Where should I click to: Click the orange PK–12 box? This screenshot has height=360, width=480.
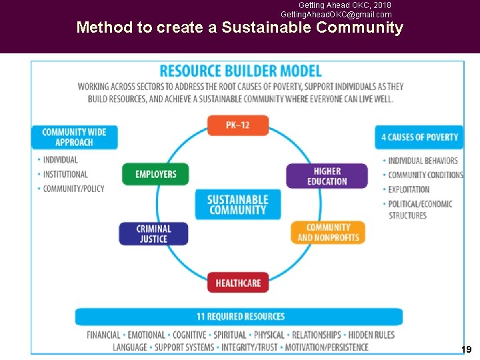click(x=238, y=125)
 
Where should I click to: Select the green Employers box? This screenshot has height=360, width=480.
click(x=155, y=174)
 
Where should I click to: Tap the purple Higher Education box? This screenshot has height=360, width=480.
click(x=327, y=176)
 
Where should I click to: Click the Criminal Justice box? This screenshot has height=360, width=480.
click(x=153, y=233)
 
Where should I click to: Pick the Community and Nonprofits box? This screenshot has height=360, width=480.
click(x=328, y=232)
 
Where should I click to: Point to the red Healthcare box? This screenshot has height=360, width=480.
click(x=238, y=283)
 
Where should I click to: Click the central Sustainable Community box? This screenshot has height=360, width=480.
click(x=238, y=204)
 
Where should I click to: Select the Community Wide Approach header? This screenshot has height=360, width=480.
click(x=74, y=137)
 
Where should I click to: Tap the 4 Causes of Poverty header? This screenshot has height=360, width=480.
click(x=419, y=137)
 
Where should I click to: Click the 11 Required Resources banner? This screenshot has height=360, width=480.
click(x=240, y=316)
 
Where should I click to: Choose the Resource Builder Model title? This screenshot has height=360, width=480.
click(x=241, y=71)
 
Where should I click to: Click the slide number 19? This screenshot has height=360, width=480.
click(x=466, y=349)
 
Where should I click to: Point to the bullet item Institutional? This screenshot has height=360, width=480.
click(x=65, y=174)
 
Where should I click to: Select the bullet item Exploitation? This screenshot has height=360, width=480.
click(x=409, y=189)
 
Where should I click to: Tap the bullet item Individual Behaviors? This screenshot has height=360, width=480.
click(x=423, y=160)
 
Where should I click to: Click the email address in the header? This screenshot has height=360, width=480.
click(x=336, y=14)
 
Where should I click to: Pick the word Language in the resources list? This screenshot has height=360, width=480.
click(x=130, y=347)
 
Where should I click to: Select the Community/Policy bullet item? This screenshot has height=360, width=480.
click(x=73, y=189)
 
